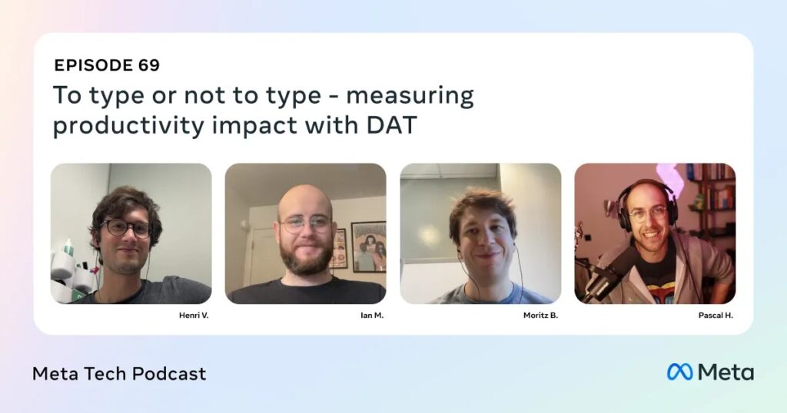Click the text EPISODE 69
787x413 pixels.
click(107, 65)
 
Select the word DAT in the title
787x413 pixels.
click(391, 125)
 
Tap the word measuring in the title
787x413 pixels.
click(410, 96)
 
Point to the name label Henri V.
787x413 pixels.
click(194, 316)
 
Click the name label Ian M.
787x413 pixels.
click(372, 316)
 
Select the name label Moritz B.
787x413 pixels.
click(540, 316)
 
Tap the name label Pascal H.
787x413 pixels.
click(716, 316)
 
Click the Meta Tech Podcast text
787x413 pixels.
click(119, 374)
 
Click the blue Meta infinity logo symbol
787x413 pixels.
click(679, 372)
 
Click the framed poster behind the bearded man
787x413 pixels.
click(368, 246)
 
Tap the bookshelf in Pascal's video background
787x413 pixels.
click(712, 200)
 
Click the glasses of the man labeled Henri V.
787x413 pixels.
click(126, 228)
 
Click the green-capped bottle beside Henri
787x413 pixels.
click(68, 248)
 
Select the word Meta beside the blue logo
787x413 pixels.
click(726, 372)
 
